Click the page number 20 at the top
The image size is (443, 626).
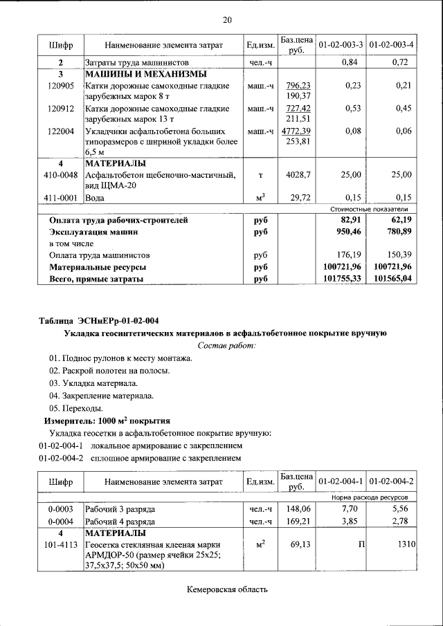pos(227,19)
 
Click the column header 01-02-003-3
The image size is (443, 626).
pos(341,45)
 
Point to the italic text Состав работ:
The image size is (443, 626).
pos(226,344)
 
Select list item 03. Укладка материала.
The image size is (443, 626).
pos(93,383)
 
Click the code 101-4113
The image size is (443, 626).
pos(61,545)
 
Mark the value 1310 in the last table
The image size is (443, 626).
pos(405,545)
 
